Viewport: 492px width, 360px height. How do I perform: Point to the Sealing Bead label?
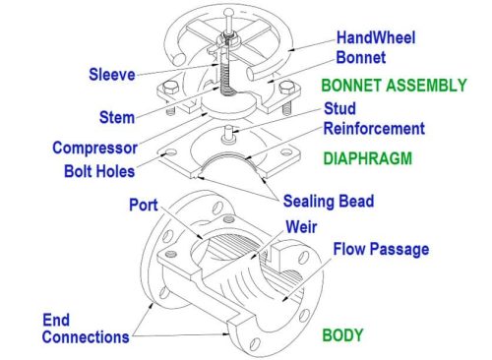[x=328, y=202]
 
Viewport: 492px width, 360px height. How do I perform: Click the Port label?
[x=144, y=206]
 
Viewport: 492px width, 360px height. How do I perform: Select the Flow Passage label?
[x=380, y=249]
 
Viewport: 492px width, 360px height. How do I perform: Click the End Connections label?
[x=86, y=329]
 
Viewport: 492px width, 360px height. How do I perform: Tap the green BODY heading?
[x=342, y=334]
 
